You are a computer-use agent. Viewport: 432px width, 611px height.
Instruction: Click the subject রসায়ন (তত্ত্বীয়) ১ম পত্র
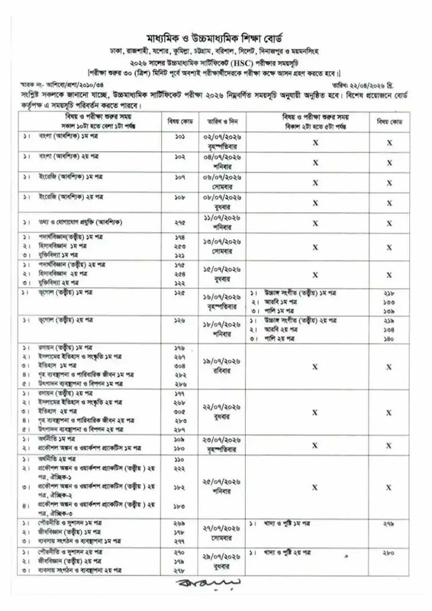[64, 348]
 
